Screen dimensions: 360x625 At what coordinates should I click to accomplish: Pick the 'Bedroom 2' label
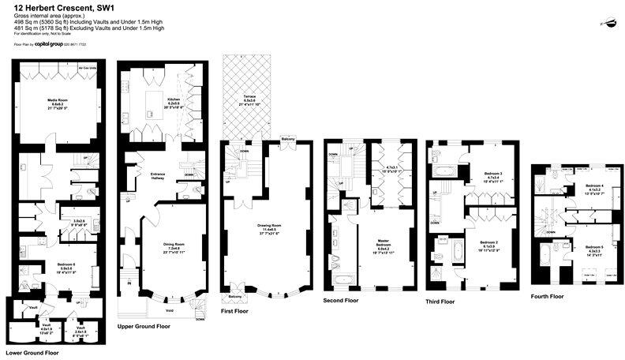(490, 242)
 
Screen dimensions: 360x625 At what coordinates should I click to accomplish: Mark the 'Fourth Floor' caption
(546, 296)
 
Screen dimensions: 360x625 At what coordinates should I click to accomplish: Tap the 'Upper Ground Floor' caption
(144, 325)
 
